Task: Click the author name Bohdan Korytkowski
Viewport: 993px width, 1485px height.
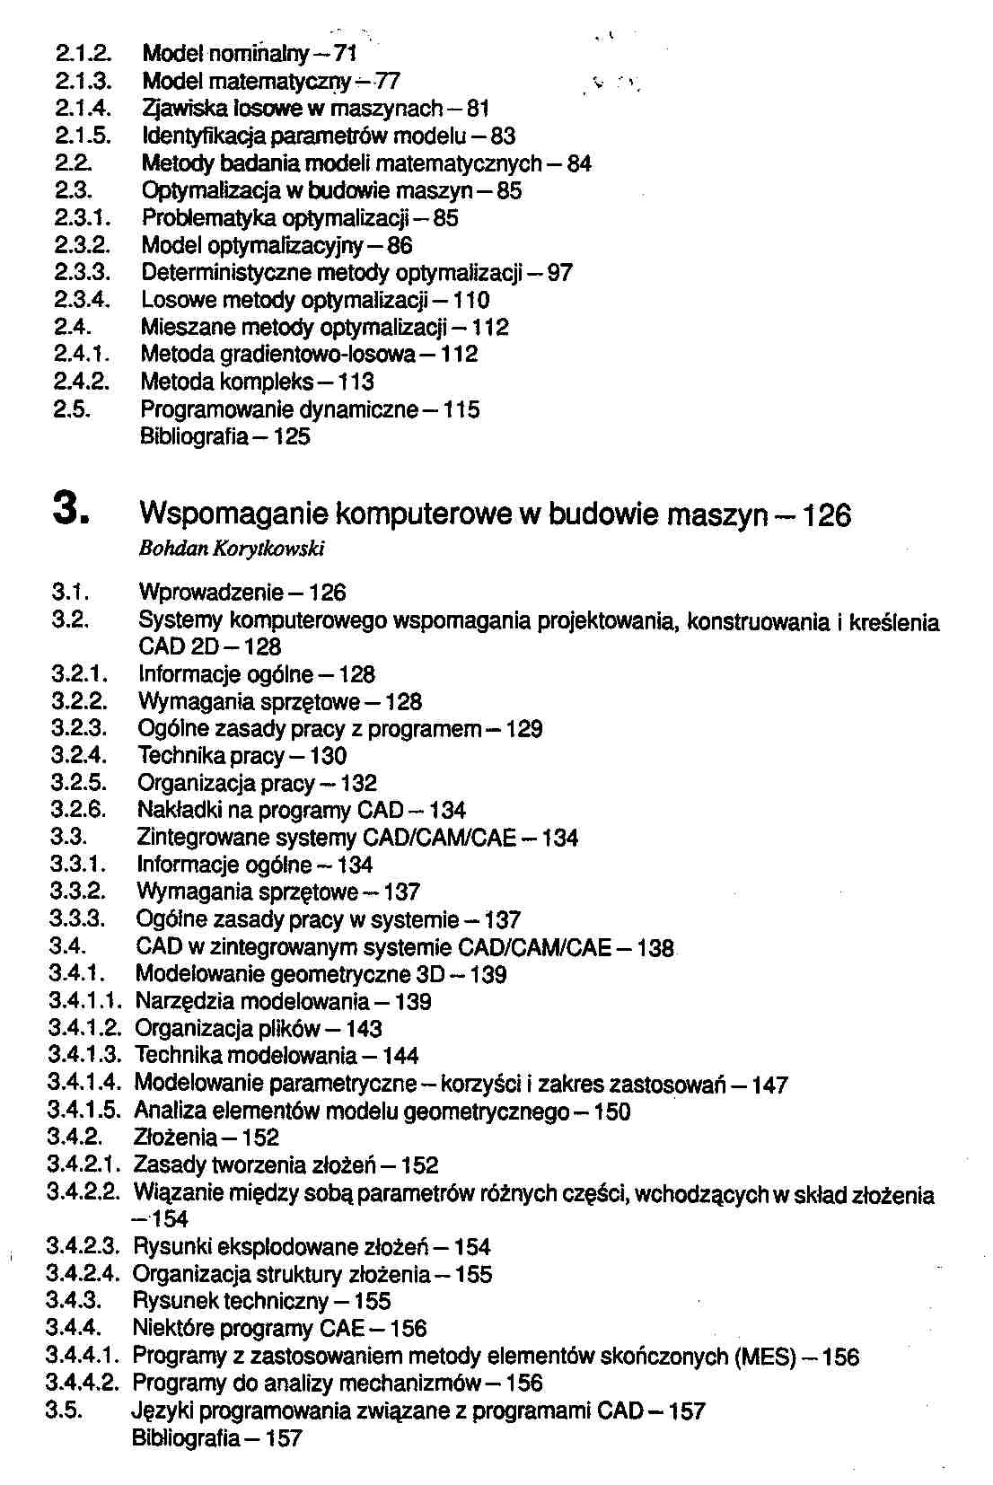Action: (x=232, y=549)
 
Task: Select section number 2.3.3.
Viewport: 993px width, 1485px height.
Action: (x=82, y=273)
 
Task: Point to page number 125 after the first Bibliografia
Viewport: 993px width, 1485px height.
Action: (x=292, y=437)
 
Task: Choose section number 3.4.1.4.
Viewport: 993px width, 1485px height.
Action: (x=83, y=1084)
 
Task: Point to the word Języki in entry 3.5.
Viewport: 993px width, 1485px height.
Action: (x=163, y=1411)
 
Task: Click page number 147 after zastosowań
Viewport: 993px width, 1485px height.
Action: (x=769, y=1085)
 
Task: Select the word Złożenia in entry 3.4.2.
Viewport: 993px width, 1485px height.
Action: (x=174, y=1138)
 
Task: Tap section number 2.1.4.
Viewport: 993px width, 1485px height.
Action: (x=83, y=110)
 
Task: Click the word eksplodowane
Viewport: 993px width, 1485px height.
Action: (x=288, y=1247)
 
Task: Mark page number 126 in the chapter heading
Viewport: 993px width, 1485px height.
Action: (x=825, y=515)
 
